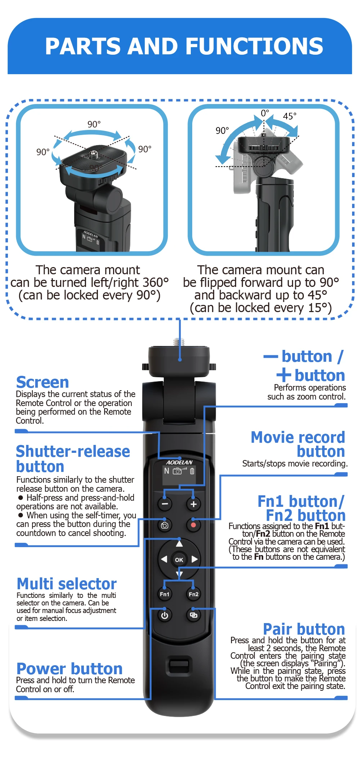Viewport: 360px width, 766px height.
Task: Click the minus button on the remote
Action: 165,504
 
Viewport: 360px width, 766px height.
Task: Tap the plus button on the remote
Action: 193,504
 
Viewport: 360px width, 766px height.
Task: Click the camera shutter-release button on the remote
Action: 165,525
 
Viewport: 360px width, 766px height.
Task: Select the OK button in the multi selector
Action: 179,560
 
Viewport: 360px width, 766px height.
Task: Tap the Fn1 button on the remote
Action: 165,594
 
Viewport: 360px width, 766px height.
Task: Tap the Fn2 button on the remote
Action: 193,594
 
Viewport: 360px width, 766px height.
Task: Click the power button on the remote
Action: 165,615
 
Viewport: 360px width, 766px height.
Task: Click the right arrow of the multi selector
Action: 195,559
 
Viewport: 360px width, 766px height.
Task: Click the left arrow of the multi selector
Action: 164,559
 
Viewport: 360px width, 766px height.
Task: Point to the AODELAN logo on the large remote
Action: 179,462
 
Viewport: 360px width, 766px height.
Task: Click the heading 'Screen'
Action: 42,382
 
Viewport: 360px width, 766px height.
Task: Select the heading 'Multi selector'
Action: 67,583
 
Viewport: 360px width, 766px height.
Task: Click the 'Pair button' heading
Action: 304,629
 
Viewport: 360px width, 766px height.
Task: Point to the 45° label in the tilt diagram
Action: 290,116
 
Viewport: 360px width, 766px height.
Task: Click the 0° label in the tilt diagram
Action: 265,113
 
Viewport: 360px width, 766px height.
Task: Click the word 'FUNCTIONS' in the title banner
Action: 254,46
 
